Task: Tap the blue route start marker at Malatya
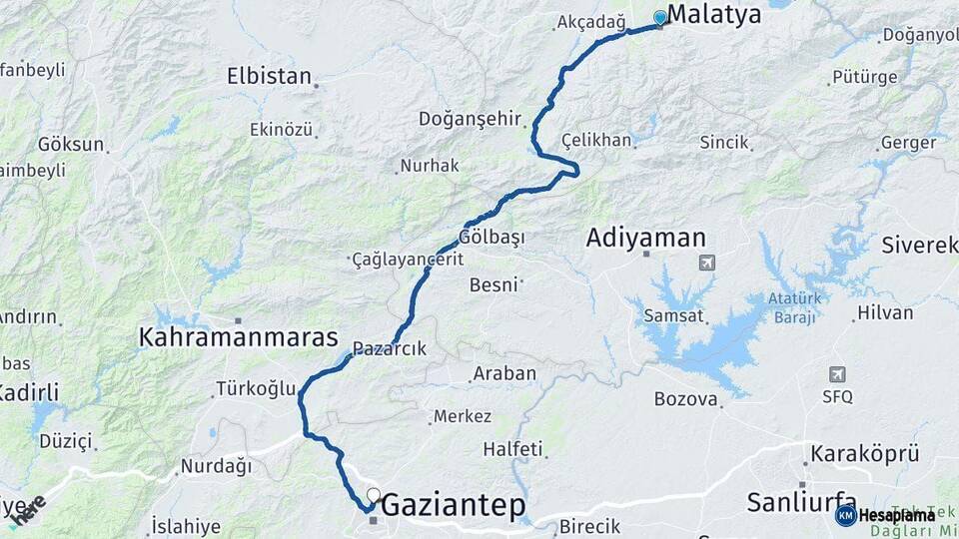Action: click(659, 17)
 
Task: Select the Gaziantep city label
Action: click(454, 505)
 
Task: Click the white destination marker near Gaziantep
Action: click(374, 494)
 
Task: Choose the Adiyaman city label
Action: click(646, 238)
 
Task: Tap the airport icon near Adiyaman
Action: click(707, 263)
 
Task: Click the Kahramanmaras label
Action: click(239, 337)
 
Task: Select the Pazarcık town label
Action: click(390, 349)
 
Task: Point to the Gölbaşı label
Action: click(491, 238)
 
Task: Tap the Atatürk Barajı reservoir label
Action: click(794, 308)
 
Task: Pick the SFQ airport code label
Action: click(837, 396)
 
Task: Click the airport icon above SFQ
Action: click(837, 374)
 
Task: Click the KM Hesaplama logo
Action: click(884, 515)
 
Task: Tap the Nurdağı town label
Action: click(215, 466)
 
